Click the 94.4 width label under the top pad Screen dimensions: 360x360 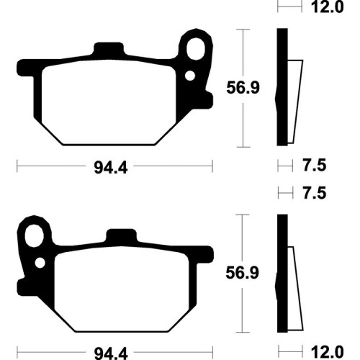point(110,167)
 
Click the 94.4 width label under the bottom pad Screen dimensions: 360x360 point(111,354)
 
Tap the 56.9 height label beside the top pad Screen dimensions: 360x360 point(243,88)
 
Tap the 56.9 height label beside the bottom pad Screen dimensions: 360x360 point(243,273)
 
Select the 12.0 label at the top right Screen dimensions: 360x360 point(327,6)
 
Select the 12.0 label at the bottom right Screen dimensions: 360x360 point(328,352)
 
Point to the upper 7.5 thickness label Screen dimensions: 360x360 point(315,165)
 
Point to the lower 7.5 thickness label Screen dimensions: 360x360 point(315,193)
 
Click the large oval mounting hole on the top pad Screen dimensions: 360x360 point(196,49)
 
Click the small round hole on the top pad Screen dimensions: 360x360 point(190,76)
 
